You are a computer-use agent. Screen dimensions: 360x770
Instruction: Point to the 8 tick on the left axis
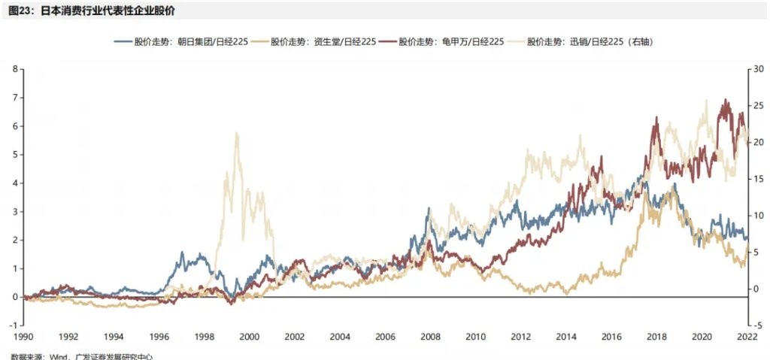point(14,69)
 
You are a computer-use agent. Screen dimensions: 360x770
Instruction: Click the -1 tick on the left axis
point(13,325)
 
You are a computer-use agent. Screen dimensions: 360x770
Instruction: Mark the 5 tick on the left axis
point(14,155)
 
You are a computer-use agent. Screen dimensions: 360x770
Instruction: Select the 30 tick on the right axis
point(760,69)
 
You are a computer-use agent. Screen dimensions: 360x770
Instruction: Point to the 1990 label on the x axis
point(23,337)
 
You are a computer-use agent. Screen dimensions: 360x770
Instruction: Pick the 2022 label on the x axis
point(746,337)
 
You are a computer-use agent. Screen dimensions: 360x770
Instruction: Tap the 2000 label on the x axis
point(249,337)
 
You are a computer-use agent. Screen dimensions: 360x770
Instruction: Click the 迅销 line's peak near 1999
point(237,133)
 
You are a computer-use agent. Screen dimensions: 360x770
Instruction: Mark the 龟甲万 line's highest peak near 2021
point(726,99)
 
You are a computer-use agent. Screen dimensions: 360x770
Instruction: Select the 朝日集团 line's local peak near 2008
point(429,209)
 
